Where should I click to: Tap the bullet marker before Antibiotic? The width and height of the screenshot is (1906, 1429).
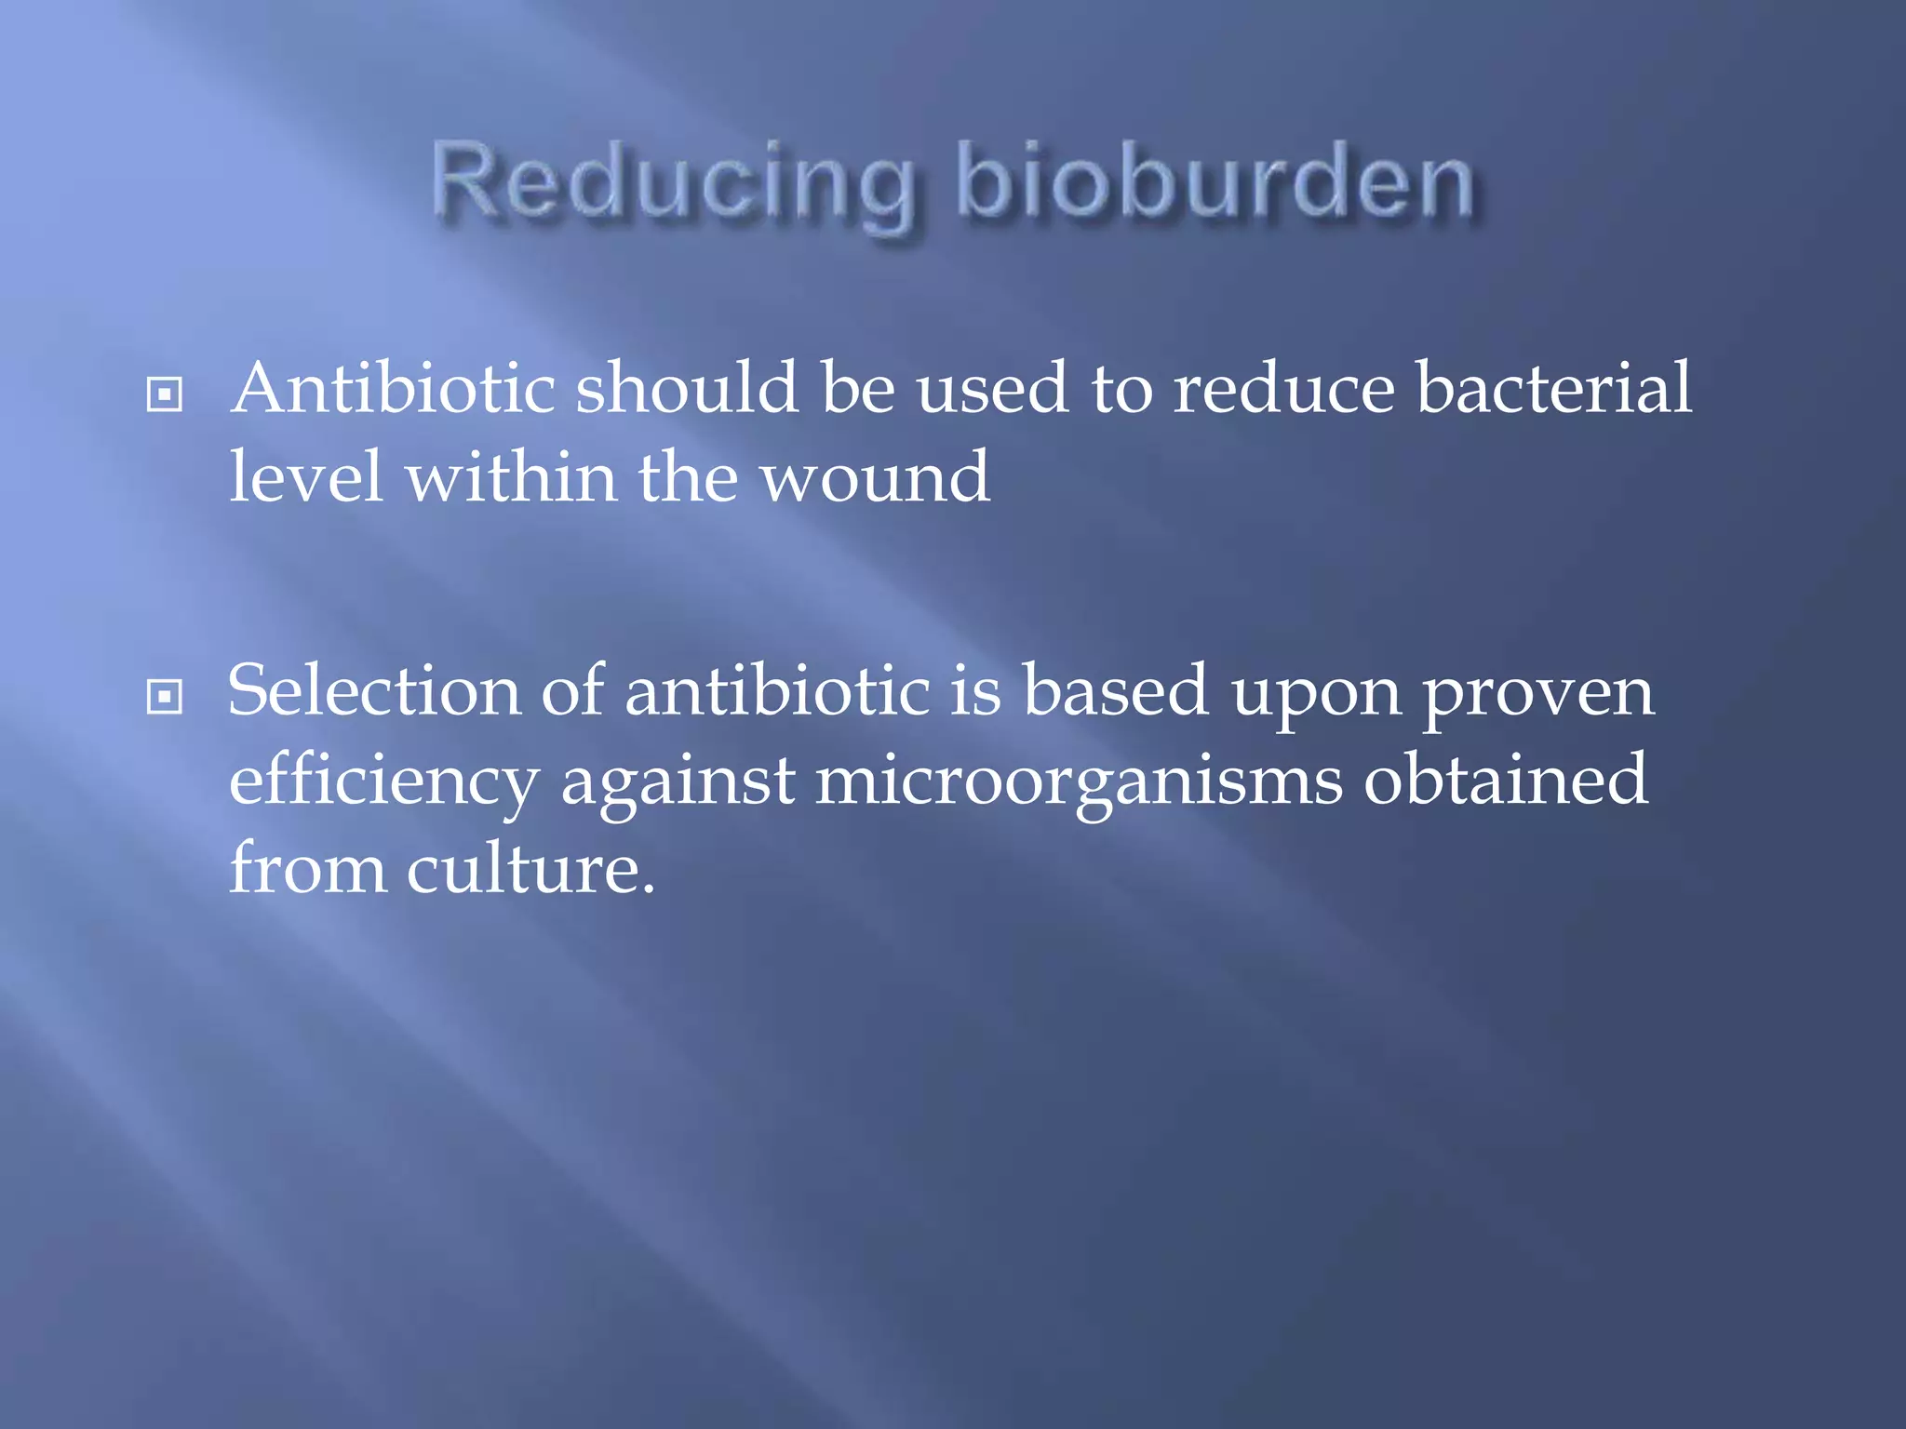pos(165,394)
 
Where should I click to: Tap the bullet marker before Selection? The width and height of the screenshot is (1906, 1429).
pos(165,696)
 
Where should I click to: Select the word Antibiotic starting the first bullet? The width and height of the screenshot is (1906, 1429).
pos(393,388)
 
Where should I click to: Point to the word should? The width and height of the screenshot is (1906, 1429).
pos(687,388)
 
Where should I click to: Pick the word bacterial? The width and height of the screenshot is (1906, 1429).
pos(1553,388)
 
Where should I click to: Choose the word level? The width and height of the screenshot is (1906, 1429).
pos(306,476)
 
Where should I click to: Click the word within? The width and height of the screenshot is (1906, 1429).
pos(511,476)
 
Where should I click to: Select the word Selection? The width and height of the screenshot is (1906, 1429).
pos(373,691)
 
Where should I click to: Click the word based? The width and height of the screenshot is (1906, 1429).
pos(1116,691)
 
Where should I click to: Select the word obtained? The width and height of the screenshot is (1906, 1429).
pos(1505,780)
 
